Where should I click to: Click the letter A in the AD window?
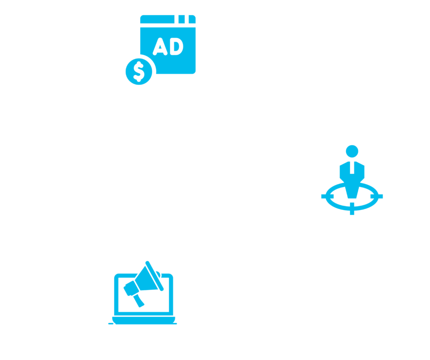click(160, 47)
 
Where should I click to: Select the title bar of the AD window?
click(157, 19)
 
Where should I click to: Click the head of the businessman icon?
click(352, 151)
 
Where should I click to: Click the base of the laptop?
click(142, 323)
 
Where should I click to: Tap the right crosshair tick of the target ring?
click(380, 196)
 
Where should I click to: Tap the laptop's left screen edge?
click(117, 294)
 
